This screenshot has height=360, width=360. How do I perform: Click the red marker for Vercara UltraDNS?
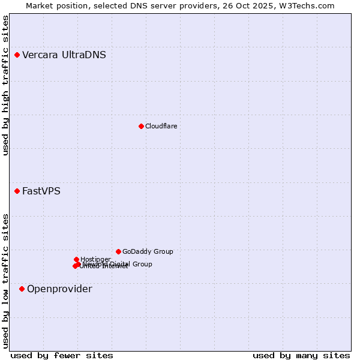click(x=17, y=55)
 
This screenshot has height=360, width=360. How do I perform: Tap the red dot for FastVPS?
click(x=17, y=191)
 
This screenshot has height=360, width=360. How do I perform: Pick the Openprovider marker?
click(x=22, y=289)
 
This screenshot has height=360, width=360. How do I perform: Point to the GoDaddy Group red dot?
click(x=119, y=252)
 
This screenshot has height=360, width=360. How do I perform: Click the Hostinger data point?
click(x=77, y=260)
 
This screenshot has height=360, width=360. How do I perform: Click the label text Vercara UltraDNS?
click(x=64, y=55)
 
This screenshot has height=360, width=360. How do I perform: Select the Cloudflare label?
click(x=161, y=126)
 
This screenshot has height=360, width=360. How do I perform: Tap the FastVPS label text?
click(x=41, y=191)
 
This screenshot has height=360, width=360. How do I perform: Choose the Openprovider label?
click(x=59, y=289)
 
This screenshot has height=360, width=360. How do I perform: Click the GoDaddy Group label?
click(x=148, y=252)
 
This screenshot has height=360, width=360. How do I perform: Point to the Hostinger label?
click(x=95, y=260)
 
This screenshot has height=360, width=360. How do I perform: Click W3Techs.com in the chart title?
click(x=305, y=5)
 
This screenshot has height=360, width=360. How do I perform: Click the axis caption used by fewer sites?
click(x=62, y=356)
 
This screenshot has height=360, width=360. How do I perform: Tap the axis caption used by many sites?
click(x=301, y=356)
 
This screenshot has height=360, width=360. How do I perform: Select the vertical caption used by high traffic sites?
click(x=6, y=85)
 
